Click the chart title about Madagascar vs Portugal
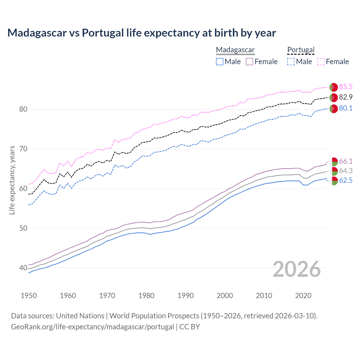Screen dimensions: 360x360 [x=141, y=33]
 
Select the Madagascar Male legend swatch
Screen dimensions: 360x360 [x=220, y=62]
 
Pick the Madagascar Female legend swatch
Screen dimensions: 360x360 [x=249, y=62]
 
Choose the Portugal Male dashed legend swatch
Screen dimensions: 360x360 [x=291, y=62]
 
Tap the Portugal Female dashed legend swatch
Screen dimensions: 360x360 [x=321, y=62]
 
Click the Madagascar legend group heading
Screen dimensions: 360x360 [x=235, y=50]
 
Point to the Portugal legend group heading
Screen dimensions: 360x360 [x=301, y=50]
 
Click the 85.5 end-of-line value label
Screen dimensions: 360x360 [x=346, y=87]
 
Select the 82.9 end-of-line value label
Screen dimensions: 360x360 [x=346, y=97]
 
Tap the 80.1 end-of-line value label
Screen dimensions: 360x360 [x=346, y=108]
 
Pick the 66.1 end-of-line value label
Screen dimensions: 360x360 [x=346, y=161]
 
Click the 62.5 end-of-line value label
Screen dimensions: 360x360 [x=346, y=181]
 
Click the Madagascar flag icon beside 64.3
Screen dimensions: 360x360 [x=334, y=171]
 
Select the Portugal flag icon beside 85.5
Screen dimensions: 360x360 [x=334, y=87]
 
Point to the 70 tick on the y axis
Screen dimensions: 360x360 [x=23, y=149]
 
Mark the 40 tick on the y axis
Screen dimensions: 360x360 [x=23, y=268]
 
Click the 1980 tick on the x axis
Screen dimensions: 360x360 [x=146, y=296]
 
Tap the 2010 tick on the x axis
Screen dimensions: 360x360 [x=264, y=296]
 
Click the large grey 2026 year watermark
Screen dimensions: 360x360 [x=296, y=269]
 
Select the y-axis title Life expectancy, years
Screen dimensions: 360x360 [x=12, y=180]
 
